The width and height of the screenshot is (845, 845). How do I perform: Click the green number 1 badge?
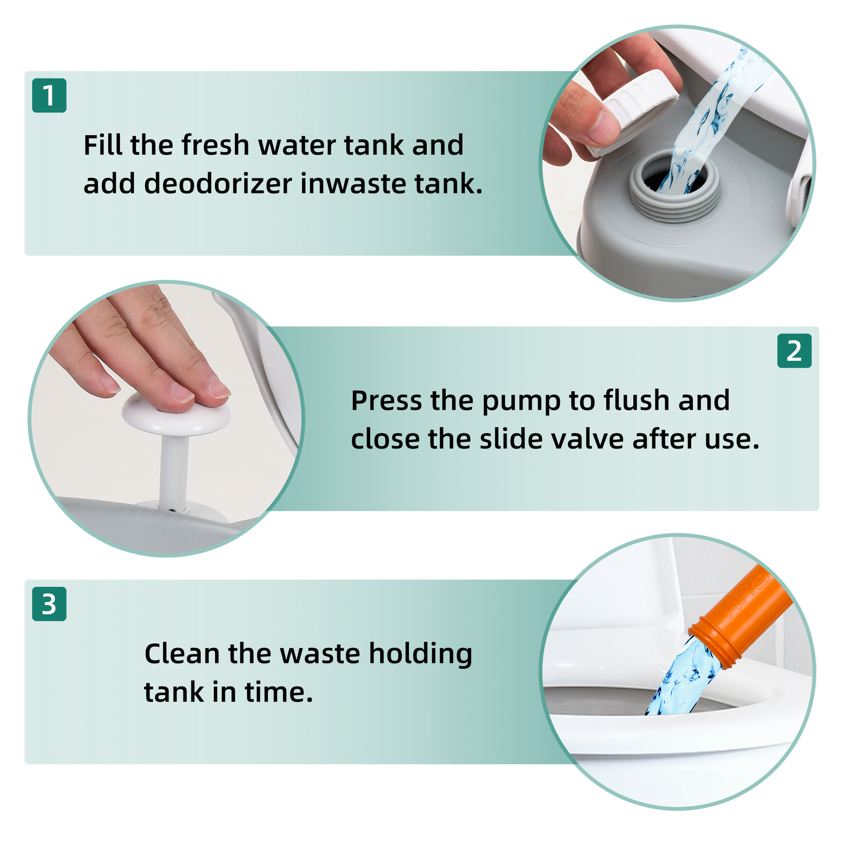49,96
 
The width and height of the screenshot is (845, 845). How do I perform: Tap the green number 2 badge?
794,351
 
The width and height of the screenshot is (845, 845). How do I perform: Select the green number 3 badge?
49,604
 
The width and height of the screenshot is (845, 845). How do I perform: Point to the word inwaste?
353,184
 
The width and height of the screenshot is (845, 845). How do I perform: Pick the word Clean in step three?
182,654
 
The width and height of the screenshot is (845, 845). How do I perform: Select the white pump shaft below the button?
174,473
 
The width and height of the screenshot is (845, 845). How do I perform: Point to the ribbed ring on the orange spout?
713,642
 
